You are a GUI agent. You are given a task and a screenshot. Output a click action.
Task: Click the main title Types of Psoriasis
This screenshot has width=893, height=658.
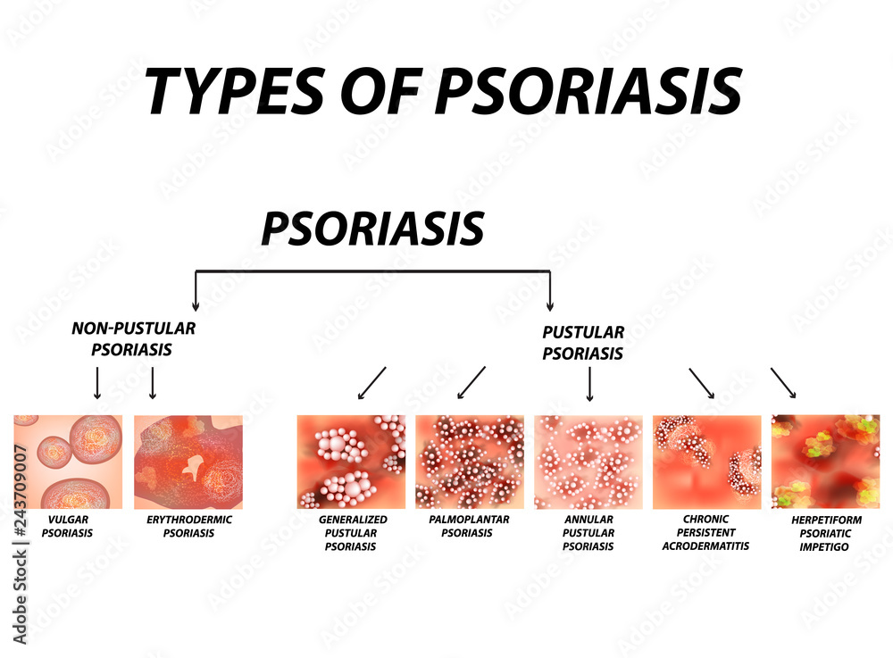point(444,90)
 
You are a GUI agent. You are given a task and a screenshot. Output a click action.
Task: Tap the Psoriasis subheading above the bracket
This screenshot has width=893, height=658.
point(372,229)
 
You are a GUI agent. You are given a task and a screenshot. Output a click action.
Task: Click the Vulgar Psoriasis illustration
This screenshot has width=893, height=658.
point(69,462)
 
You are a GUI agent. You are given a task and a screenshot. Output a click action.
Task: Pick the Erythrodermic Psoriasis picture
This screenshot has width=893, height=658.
point(188,462)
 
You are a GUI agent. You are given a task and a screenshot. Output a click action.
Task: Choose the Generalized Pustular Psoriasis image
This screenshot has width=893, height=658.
point(351,462)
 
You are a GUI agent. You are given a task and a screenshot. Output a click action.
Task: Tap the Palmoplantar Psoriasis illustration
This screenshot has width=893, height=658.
point(470,462)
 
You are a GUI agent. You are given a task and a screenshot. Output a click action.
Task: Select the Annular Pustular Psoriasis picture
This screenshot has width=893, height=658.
point(588,462)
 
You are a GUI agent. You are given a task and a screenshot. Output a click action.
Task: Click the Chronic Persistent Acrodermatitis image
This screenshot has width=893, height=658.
point(707,462)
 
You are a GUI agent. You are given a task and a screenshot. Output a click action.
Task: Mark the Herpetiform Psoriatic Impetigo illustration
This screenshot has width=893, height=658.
point(825,462)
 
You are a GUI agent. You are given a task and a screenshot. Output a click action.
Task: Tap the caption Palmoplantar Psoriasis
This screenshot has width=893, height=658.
point(467,527)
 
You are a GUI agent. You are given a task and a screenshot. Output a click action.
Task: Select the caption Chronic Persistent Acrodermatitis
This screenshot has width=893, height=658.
point(706,532)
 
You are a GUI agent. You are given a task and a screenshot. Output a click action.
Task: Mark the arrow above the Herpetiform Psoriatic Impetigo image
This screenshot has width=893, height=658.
point(783,383)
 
